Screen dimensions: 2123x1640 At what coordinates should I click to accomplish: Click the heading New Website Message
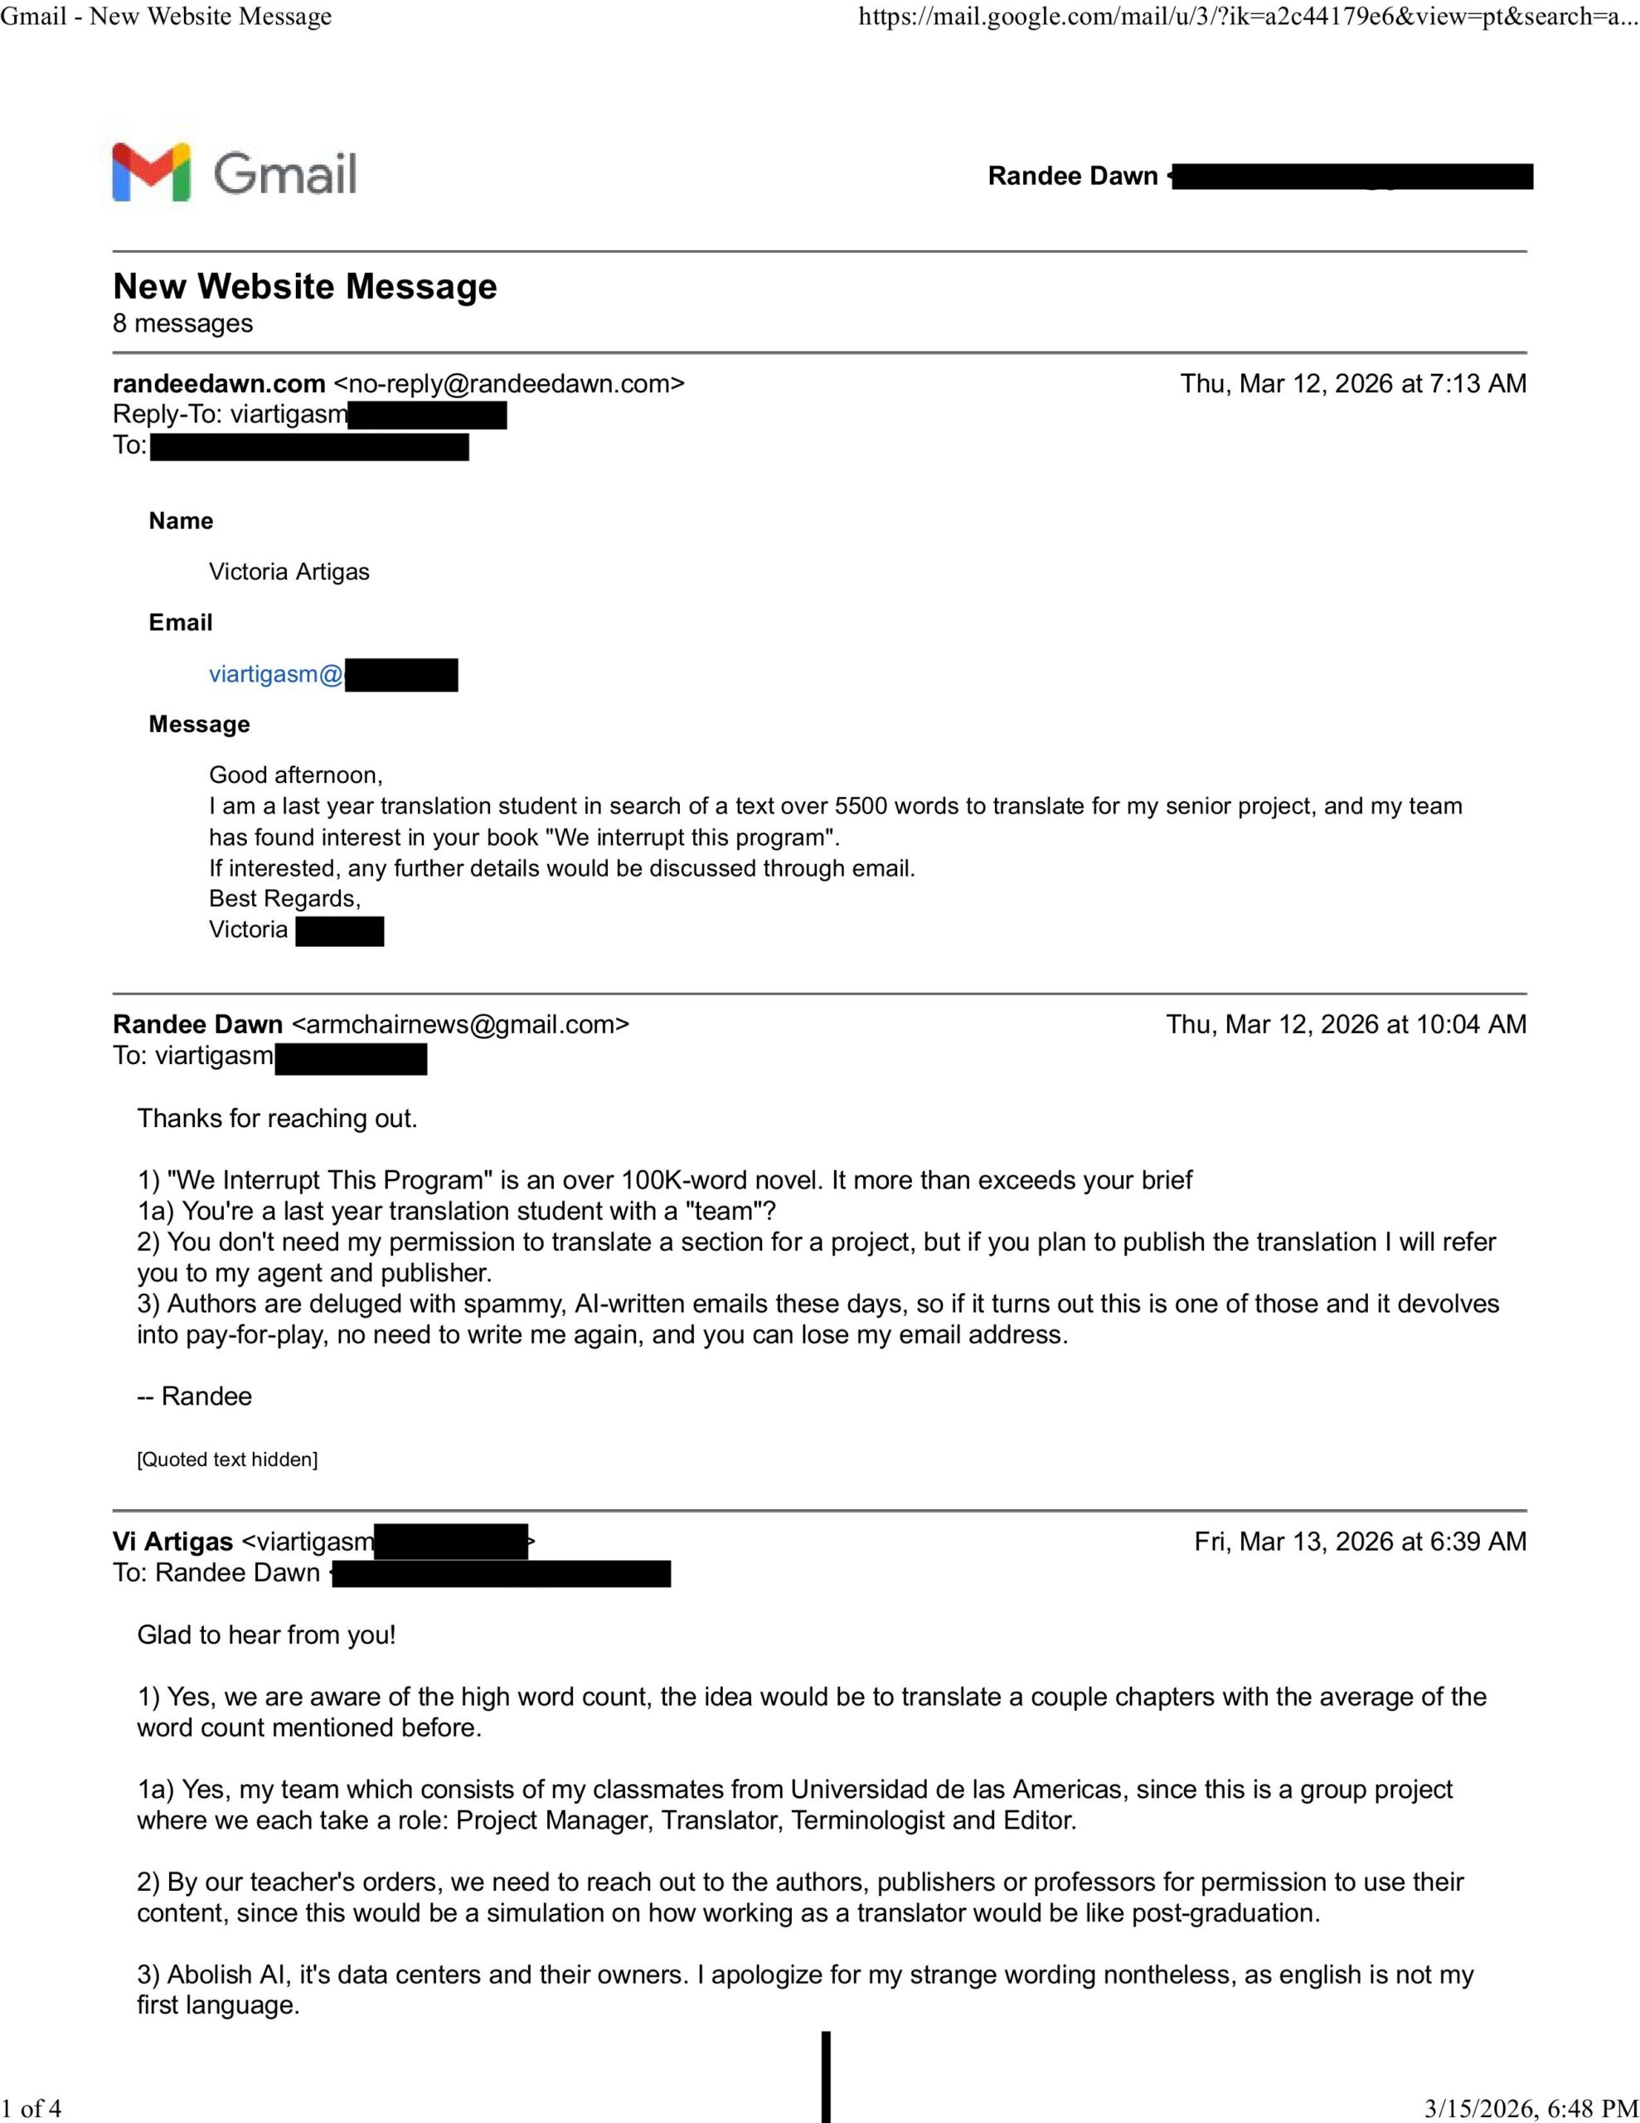pos(304,286)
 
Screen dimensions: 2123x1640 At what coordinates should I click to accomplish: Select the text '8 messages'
pos(182,323)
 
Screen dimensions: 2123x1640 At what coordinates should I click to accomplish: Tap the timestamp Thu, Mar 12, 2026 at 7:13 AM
pos(1353,384)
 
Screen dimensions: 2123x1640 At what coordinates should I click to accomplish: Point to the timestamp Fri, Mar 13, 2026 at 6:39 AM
pos(1360,1542)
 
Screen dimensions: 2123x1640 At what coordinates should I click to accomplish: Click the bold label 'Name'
pos(181,521)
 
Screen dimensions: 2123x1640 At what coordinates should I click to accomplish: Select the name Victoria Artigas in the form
pos(289,571)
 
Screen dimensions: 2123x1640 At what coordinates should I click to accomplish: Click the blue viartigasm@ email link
pos(276,673)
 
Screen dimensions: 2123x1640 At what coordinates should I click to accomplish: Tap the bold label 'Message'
pos(199,724)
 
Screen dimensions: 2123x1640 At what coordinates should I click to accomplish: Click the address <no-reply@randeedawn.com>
pos(508,384)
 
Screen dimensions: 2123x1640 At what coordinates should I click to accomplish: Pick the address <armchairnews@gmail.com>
pos(460,1024)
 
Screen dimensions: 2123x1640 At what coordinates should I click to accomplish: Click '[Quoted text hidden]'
pos(227,1459)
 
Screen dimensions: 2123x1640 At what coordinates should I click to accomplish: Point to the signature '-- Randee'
pos(194,1396)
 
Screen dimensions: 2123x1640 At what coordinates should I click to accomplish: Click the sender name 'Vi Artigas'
pos(173,1542)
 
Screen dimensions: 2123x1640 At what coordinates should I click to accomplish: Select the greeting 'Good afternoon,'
pos(295,775)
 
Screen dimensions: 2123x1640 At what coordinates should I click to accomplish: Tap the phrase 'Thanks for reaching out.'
pos(277,1118)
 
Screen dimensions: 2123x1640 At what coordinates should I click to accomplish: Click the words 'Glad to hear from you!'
pos(266,1635)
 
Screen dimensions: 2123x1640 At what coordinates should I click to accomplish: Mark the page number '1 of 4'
pos(32,2107)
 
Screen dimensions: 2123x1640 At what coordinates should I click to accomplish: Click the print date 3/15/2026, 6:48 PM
pos(1531,2107)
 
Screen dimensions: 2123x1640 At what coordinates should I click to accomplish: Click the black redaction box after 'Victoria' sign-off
pos(339,930)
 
